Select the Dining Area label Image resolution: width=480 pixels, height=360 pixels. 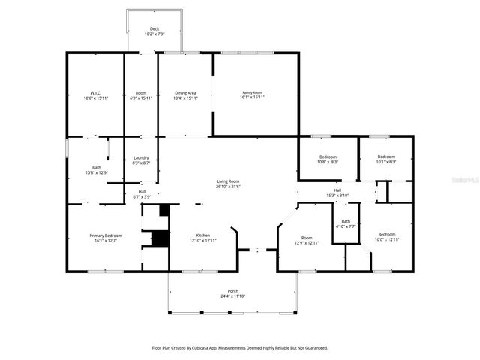[185, 93]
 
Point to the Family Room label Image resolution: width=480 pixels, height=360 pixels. [252, 93]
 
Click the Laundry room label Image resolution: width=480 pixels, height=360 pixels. [141, 157]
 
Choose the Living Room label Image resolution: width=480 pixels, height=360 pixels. [228, 181]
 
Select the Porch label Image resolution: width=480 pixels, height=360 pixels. [233, 291]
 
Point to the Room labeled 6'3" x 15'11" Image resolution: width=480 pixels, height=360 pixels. [141, 93]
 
